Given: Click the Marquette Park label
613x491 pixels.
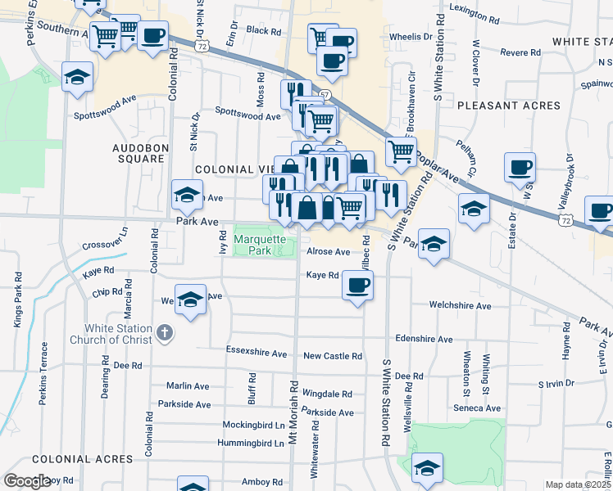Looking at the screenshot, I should click(x=260, y=245).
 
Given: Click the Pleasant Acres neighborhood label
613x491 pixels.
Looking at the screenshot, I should click(x=509, y=106).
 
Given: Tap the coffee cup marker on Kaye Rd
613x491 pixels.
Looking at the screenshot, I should click(x=357, y=286).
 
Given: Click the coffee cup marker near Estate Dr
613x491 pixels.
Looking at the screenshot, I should click(x=520, y=169).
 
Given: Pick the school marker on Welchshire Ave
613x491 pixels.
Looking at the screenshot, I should click(x=190, y=300).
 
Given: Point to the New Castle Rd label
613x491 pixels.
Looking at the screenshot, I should click(x=332, y=356).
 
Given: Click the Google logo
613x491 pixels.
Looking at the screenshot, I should click(x=27, y=482).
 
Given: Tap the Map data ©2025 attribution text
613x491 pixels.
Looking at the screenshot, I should click(x=578, y=484).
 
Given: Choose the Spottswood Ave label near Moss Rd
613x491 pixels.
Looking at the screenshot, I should click(x=247, y=116).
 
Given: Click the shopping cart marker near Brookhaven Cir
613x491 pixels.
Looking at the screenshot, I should click(x=401, y=151).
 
